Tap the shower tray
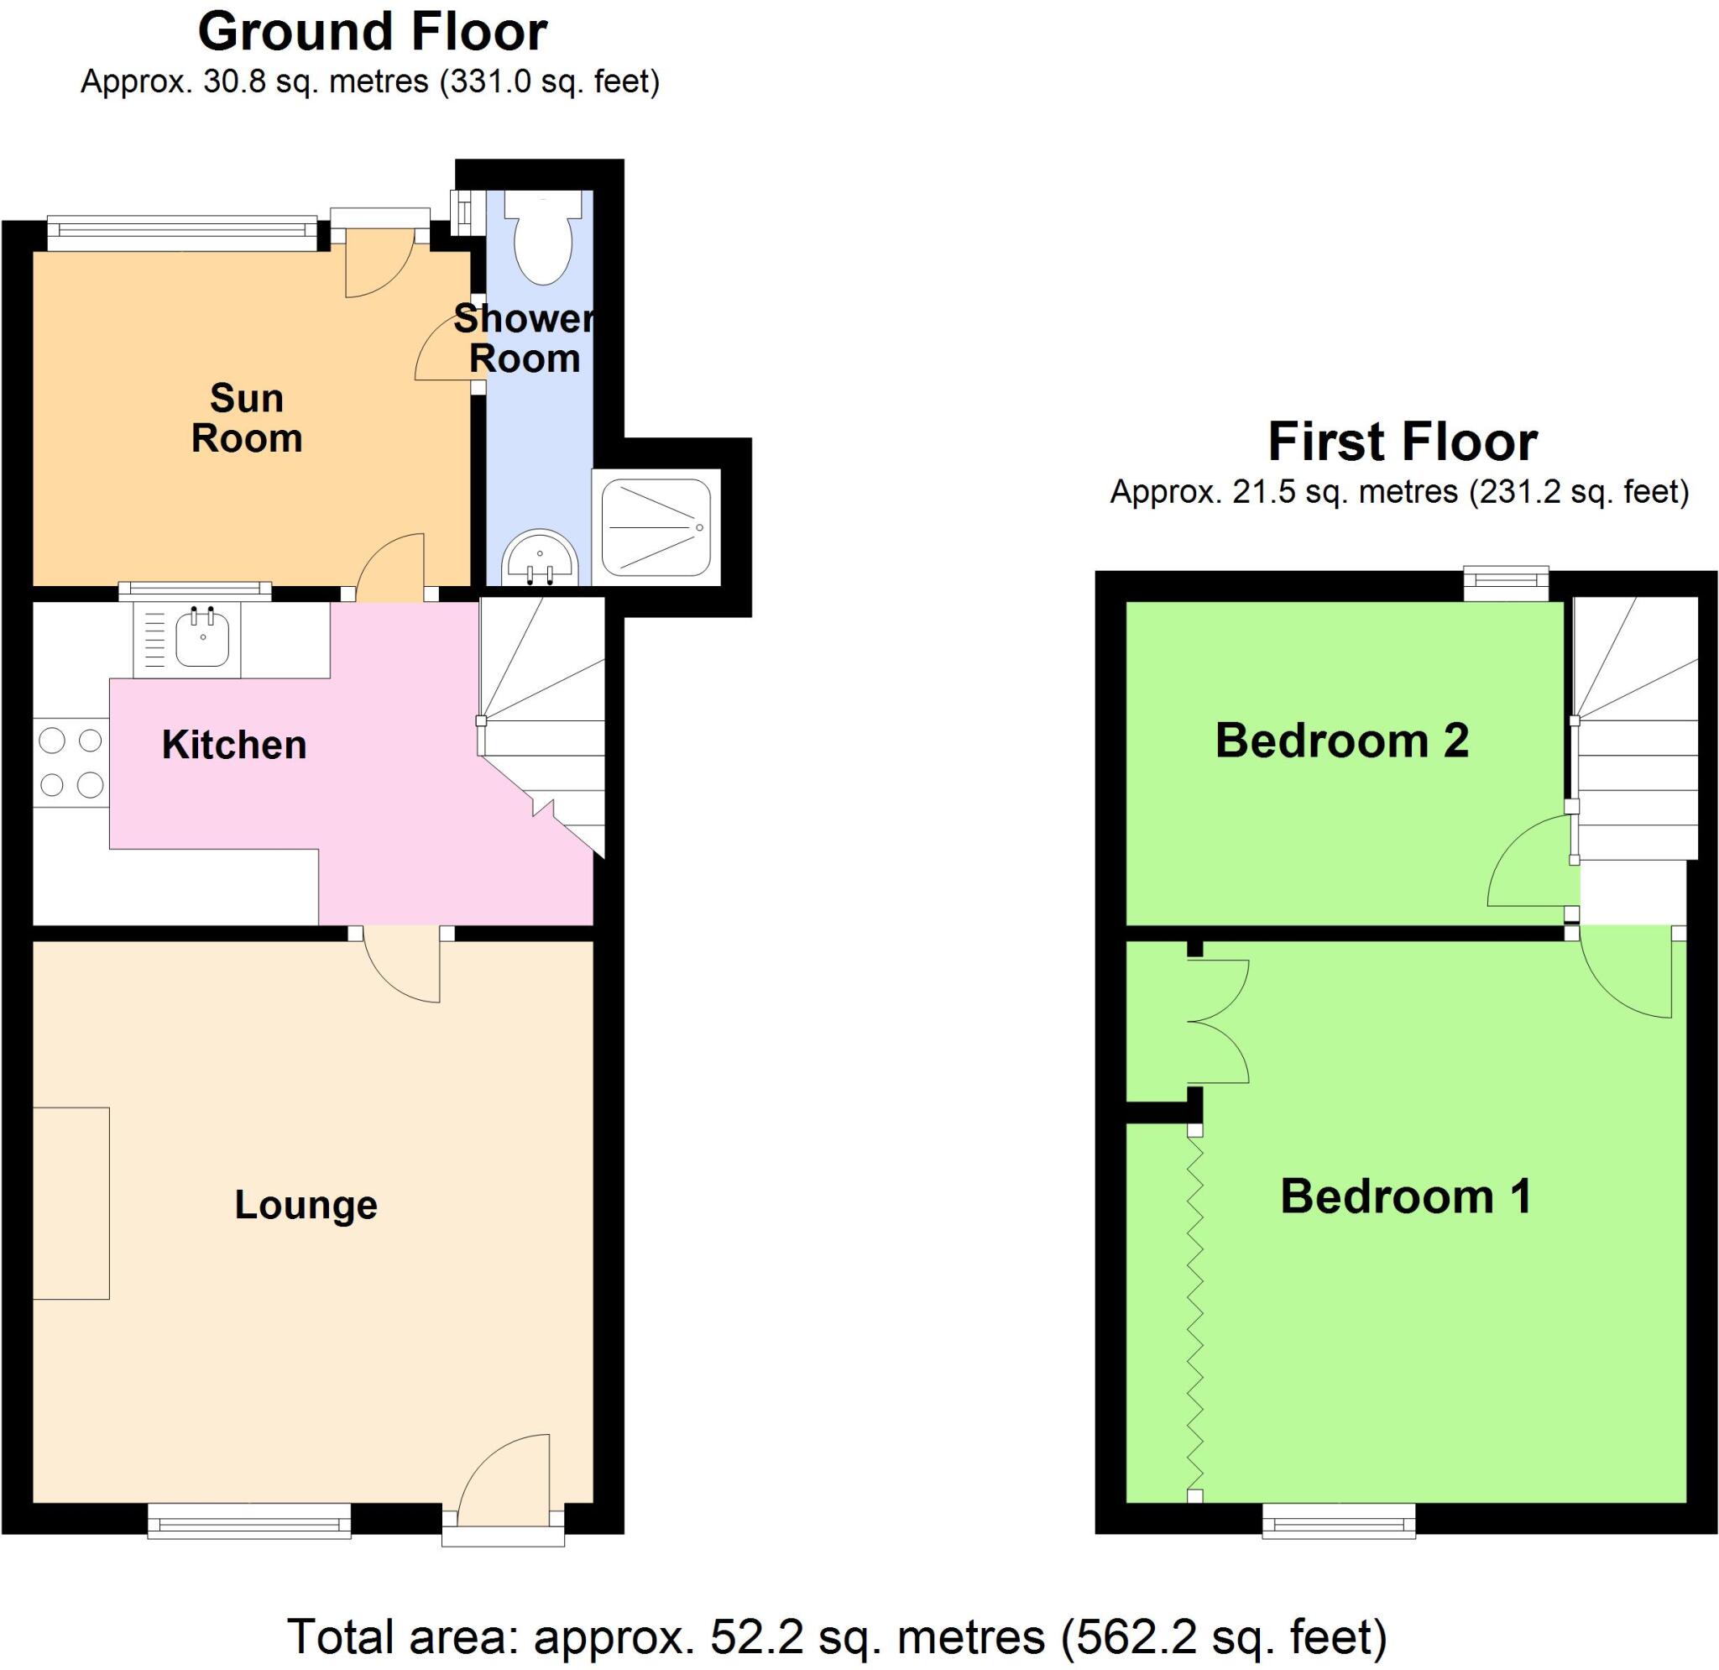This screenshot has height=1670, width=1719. [x=657, y=527]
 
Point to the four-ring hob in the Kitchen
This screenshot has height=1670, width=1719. [x=71, y=762]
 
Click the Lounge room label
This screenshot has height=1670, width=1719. [x=306, y=1204]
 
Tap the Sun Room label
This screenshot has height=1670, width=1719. [x=247, y=418]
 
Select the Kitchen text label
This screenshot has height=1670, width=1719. [x=234, y=745]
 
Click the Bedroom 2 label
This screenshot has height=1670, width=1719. [x=1341, y=741]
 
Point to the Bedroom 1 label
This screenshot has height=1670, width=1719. [x=1406, y=1196]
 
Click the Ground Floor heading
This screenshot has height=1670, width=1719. [x=372, y=33]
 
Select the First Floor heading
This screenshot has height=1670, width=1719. [x=1402, y=441]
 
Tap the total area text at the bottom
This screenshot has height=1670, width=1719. [x=837, y=1636]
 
